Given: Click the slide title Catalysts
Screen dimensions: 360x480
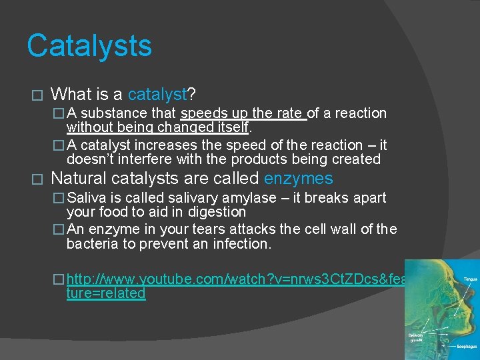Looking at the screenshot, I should click(x=89, y=46).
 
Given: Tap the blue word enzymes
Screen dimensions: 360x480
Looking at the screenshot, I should click(x=298, y=179).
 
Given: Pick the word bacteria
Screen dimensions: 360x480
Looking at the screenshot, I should click(x=91, y=244).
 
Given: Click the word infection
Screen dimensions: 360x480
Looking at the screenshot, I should click(x=243, y=244).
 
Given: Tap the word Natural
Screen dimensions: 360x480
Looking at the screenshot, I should click(x=78, y=179).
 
